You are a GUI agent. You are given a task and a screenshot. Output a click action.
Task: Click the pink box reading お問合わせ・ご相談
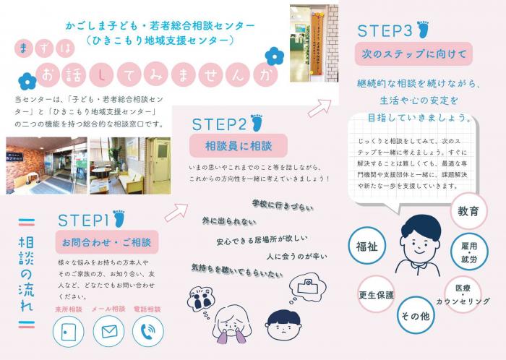[106, 241]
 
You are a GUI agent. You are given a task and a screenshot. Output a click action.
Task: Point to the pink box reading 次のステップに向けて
[413, 53]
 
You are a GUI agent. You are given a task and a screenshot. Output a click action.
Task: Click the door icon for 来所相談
[69, 331]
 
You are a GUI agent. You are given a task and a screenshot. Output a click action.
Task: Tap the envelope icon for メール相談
[109, 331]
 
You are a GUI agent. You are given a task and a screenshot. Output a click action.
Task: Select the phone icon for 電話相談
[148, 331]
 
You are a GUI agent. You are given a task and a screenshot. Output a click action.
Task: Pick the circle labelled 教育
[468, 211]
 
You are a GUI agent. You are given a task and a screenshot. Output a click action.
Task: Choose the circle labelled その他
[415, 316]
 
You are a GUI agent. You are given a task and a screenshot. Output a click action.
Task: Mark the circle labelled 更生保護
[376, 295]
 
